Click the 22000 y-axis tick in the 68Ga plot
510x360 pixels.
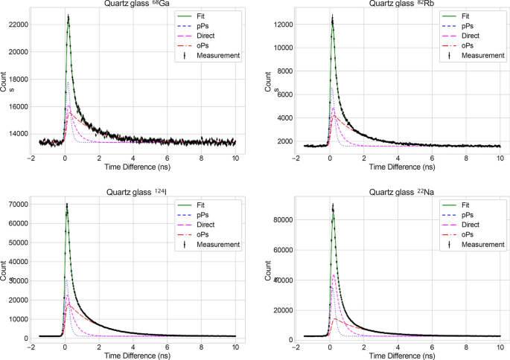(18, 25)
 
